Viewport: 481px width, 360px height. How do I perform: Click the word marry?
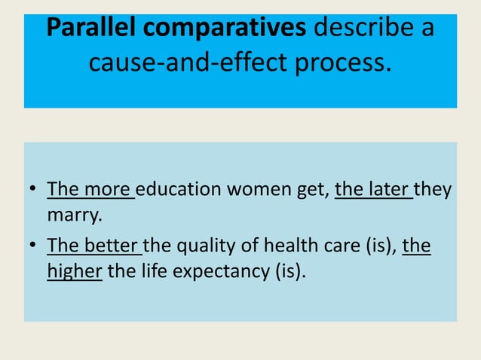coord(73,216)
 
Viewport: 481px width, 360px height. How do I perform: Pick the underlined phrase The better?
coord(94,244)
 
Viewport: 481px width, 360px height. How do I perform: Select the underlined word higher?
coord(74,271)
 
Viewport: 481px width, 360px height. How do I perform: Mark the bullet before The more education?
coord(34,190)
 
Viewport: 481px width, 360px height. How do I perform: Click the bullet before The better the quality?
coord(34,246)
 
